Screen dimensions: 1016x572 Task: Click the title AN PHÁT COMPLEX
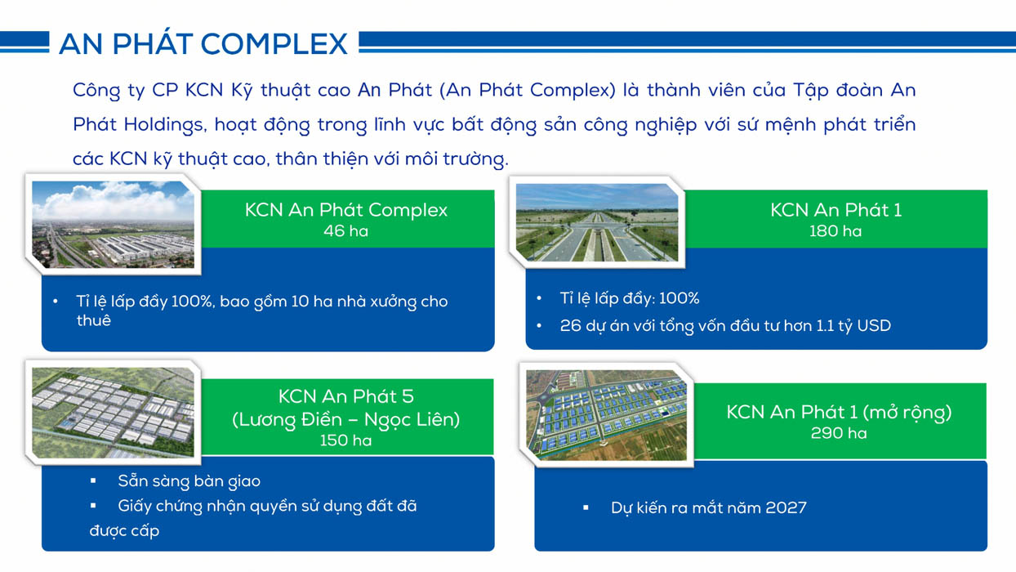(x=203, y=44)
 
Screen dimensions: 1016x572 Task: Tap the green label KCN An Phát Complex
(x=346, y=210)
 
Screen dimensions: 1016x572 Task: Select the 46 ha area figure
(x=345, y=231)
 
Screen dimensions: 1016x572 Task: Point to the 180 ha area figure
(x=836, y=231)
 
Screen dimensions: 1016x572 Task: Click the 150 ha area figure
(x=345, y=440)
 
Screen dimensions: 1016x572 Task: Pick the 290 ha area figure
(x=839, y=433)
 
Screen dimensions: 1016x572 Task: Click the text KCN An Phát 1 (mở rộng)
(x=839, y=412)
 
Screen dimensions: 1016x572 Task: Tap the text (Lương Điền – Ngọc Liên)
(x=345, y=419)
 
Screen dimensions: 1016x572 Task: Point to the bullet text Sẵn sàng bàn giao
(x=189, y=481)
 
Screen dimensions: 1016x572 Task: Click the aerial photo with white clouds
(x=113, y=224)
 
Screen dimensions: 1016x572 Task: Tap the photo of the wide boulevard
(x=597, y=222)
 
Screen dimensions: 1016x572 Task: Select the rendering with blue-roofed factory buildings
(x=606, y=415)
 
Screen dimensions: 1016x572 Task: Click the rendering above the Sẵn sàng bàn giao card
(x=113, y=412)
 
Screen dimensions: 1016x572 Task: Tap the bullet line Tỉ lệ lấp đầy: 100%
(x=630, y=298)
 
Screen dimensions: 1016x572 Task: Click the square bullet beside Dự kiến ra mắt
(x=586, y=507)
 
